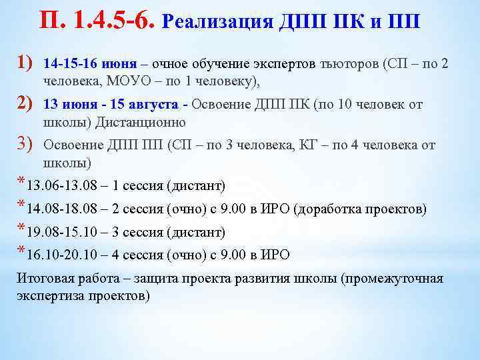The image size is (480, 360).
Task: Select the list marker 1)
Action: (x=24, y=63)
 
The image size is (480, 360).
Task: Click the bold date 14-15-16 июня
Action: (x=90, y=65)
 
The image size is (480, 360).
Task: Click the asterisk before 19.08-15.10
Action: (x=22, y=229)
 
